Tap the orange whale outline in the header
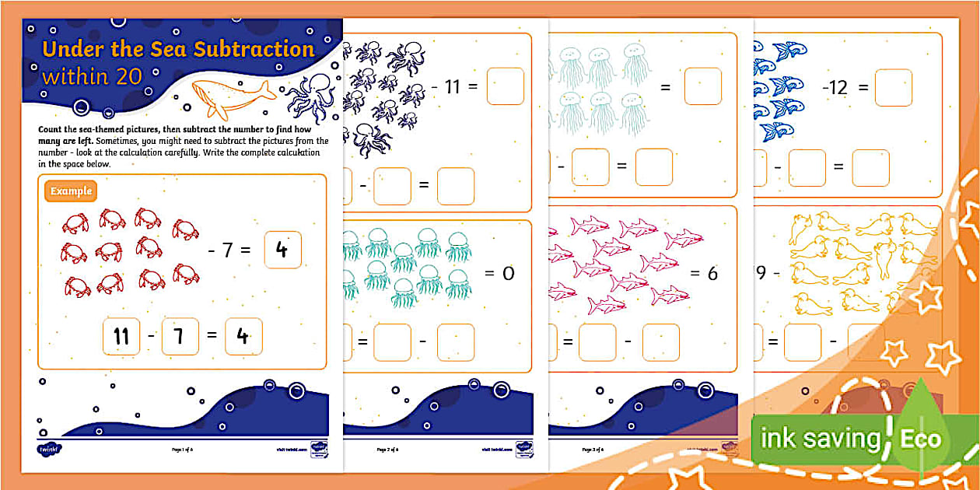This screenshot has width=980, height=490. tap(232, 95)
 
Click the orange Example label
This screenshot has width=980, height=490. tap(71, 191)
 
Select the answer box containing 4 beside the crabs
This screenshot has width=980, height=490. tap(282, 250)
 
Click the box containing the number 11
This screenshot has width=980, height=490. tap(121, 337)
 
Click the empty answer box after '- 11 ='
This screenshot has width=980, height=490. tap(505, 86)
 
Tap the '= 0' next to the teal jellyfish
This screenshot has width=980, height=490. tap(499, 274)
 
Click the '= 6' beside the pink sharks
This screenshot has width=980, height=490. tap(703, 274)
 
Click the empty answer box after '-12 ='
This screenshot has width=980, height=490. tap(893, 88)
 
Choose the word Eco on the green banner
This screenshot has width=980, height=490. tap(920, 439)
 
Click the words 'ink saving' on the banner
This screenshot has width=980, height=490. tap(819, 439)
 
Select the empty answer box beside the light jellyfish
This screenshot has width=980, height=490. tap(702, 86)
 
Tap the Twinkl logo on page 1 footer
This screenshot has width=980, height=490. tap(47, 449)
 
